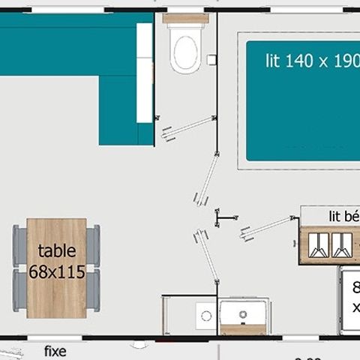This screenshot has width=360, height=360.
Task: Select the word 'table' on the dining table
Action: [x=57, y=251]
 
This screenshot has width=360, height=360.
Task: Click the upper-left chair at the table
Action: [x=19, y=245]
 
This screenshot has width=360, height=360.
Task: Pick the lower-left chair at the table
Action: [x=19, y=290]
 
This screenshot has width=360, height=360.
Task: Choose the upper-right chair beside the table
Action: [x=94, y=245]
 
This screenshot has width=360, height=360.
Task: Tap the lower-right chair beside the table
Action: [x=94, y=290]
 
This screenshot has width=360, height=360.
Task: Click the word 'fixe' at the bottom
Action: [x=55, y=351]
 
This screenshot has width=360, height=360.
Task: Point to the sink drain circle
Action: [x=243, y=313]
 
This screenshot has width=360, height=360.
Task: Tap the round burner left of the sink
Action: [x=204, y=315]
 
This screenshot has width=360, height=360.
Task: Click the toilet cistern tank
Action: [x=185, y=18]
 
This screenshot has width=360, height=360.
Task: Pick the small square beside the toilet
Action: [x=211, y=59]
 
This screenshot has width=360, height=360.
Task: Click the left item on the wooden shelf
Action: [x=319, y=244]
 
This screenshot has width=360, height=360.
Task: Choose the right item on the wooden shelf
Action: [x=341, y=244]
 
